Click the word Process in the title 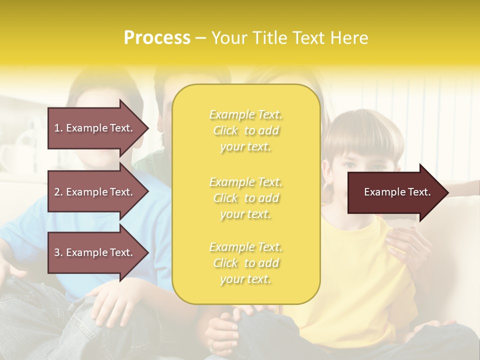(157, 38)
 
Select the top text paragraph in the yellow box (246, 130)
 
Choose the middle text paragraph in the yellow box (246, 198)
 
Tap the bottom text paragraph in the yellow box (246, 263)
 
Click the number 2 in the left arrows (57, 192)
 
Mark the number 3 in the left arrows (57, 253)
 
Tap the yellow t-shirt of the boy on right (360, 280)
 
